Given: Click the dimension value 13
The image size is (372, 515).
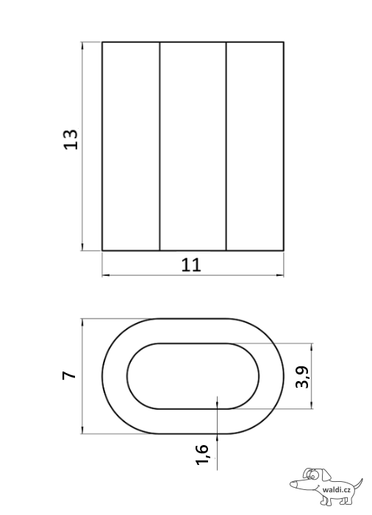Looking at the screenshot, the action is pos(71,139).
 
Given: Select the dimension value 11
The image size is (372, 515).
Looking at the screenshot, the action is pos(191,265).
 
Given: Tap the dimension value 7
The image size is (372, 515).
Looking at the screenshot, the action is pos(70,375).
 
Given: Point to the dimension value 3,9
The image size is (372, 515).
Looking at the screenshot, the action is pos(302,377).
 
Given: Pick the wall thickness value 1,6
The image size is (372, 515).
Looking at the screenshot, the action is pos(202,455).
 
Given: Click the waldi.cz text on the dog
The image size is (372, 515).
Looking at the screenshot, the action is pos(337,490).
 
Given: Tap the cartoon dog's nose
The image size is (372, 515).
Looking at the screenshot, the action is pos(293,483).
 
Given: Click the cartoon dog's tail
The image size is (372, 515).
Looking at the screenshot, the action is pos(358,484).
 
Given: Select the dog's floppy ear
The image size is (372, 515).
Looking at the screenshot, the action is pos(326,474).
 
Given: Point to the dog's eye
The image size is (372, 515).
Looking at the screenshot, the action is pos(312,475).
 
